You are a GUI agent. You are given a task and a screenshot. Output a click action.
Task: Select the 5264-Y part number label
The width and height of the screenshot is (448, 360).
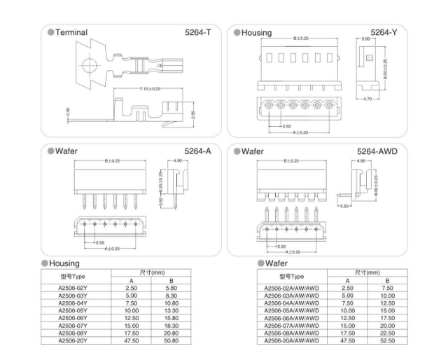(384, 32)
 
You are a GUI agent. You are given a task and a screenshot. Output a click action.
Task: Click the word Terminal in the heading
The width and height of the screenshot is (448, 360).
(71, 32)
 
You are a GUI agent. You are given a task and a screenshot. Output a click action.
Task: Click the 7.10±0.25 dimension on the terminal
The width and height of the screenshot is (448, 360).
(150, 89)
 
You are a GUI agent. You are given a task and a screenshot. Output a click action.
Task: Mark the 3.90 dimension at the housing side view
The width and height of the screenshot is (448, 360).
(365, 39)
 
